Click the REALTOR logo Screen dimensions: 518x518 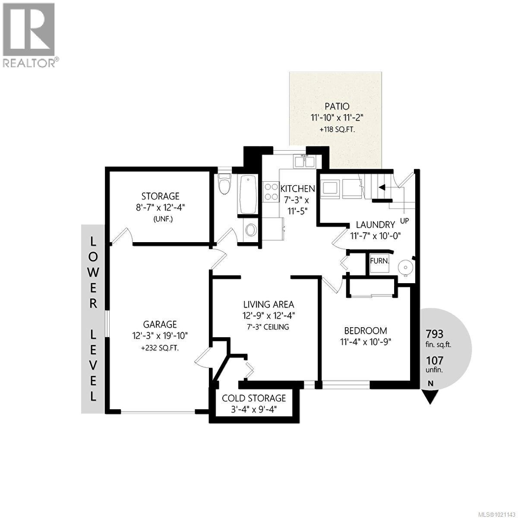[x=29, y=35]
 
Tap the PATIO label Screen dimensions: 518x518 [x=336, y=106]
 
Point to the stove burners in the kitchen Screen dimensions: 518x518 [x=271, y=192]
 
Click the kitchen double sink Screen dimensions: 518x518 [x=305, y=162]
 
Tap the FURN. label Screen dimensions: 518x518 [x=379, y=261]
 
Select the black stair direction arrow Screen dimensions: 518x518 [x=382, y=187]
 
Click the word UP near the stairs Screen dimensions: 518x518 [x=404, y=221]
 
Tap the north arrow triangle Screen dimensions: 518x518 [x=430, y=396]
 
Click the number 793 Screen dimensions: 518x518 [x=435, y=334]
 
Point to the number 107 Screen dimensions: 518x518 [x=435, y=360]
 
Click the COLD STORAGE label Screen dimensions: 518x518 [x=254, y=398]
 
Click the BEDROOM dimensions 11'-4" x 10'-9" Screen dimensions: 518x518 [x=365, y=342]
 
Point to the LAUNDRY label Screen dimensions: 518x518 [x=375, y=224]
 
